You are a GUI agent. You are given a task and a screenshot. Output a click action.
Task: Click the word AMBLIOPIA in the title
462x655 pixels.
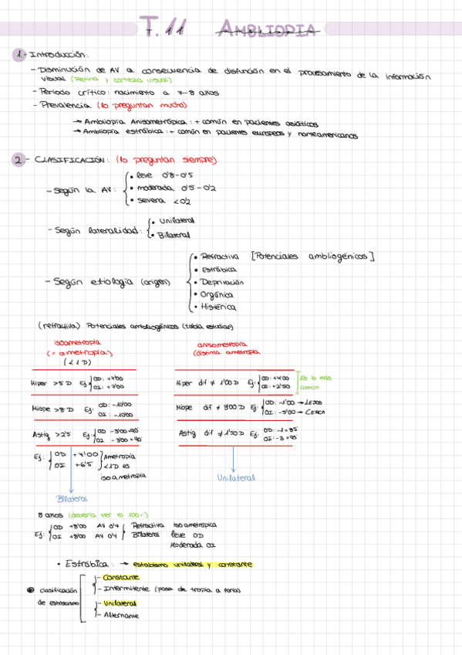pyautogui.click(x=267, y=29)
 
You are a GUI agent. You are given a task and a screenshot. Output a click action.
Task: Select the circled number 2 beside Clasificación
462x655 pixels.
pyautogui.click(x=18, y=160)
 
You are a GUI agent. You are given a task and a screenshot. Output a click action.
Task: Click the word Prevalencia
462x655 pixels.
pyautogui.click(x=62, y=105)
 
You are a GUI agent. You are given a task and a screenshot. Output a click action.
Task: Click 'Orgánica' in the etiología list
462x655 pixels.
pyautogui.click(x=217, y=294)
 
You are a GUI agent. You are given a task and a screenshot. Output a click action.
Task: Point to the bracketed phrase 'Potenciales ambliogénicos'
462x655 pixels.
pyautogui.click(x=312, y=256)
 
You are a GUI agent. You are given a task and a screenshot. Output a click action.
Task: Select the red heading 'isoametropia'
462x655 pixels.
pyautogui.click(x=79, y=343)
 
